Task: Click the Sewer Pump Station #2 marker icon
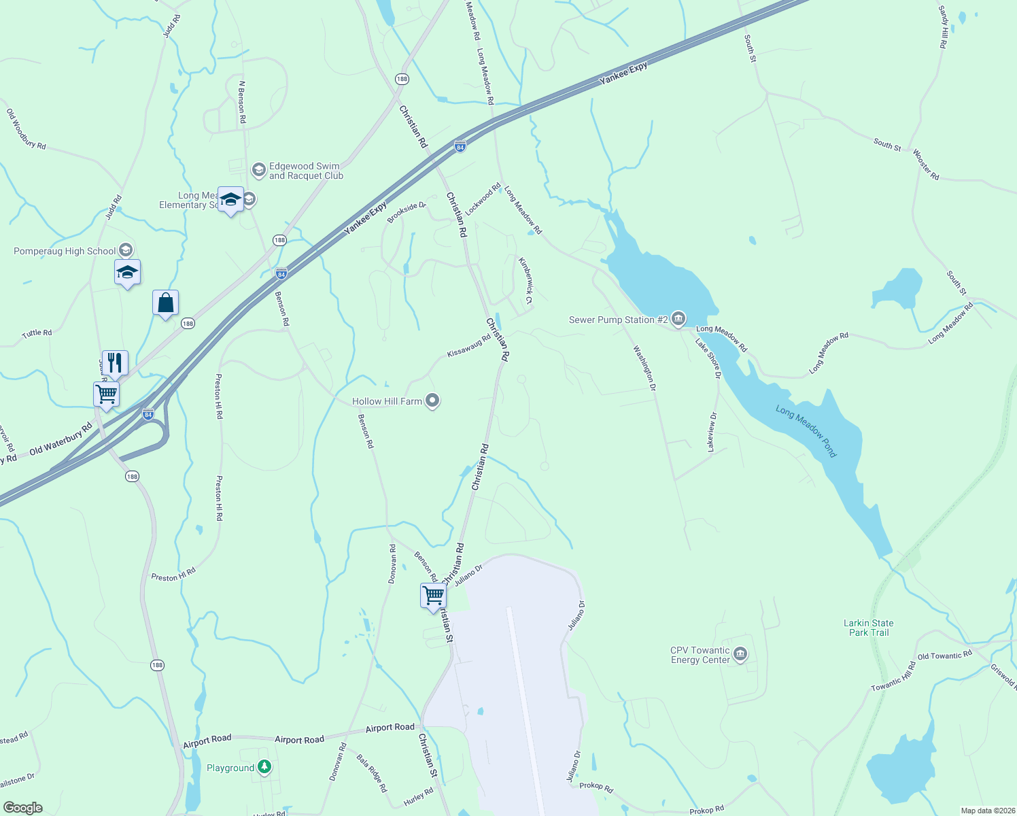[x=678, y=319]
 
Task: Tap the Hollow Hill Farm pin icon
[x=432, y=401]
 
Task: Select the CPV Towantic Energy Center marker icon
[x=740, y=655]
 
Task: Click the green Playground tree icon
[x=264, y=768]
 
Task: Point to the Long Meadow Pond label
[x=806, y=431]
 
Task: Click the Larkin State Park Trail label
[x=868, y=628]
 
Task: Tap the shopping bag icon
[x=165, y=303]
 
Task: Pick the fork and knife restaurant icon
[x=115, y=363]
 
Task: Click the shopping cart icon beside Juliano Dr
[x=433, y=596]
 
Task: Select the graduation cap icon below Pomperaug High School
[x=127, y=273]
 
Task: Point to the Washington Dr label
[x=644, y=369]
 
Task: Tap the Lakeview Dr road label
[x=712, y=432]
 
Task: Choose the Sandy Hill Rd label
[x=943, y=27]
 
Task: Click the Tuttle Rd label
[x=37, y=333]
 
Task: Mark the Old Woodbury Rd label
[x=27, y=129]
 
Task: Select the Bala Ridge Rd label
[x=372, y=773]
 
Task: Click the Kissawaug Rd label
[x=469, y=346]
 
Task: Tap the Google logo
[x=23, y=808]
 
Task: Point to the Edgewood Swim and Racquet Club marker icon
[x=258, y=170]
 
